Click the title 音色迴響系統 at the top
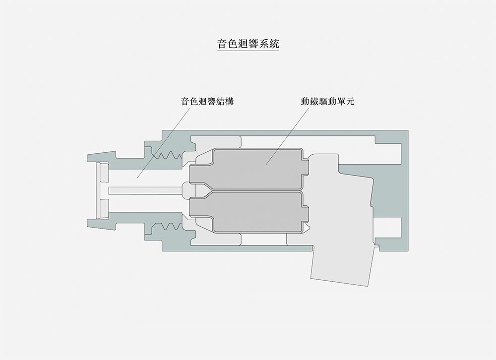248,43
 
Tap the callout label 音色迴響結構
207,102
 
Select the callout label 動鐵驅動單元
327,102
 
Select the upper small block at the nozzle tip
104,174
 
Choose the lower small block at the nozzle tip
104,207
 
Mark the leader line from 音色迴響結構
164,141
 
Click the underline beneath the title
248,51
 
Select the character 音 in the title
222,43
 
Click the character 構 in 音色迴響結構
229,102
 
